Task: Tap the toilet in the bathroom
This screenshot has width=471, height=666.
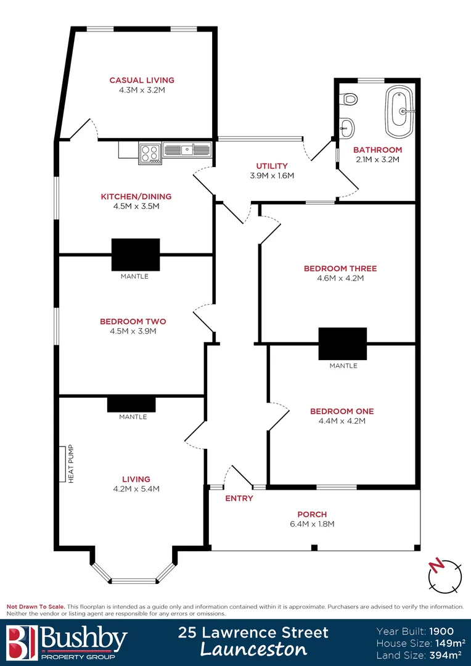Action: (350, 98)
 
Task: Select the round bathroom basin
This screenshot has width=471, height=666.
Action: (347, 128)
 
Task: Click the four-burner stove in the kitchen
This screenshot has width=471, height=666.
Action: (150, 152)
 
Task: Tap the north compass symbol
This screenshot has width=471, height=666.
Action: (444, 575)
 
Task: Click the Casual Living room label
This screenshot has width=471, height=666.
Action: (142, 80)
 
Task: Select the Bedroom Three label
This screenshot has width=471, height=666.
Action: (340, 268)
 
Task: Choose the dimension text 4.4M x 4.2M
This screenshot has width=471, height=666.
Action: (342, 421)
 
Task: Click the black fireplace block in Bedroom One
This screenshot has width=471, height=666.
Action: (343, 343)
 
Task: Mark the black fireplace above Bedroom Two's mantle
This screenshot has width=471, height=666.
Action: (136, 254)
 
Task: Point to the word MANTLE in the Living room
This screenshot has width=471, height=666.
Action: (133, 417)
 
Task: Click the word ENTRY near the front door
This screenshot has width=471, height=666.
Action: (239, 498)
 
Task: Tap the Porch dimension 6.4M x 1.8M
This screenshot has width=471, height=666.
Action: (312, 524)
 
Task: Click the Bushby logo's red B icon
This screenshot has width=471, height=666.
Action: (21, 641)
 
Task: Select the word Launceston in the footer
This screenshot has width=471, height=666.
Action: (253, 649)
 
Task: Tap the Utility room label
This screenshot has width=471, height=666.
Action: (272, 166)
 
